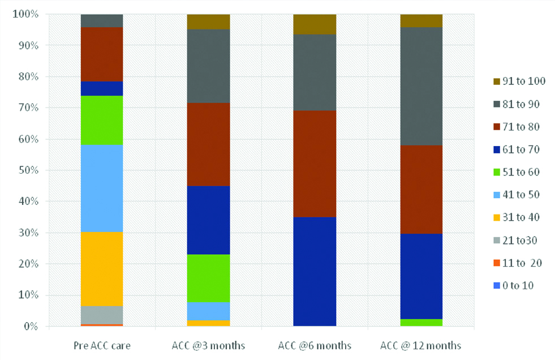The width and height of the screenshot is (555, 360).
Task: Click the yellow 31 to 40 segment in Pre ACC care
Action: click(x=102, y=269)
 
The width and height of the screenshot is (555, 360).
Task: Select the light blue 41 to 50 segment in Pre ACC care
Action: click(x=102, y=188)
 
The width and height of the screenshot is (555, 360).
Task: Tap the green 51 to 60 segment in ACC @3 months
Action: click(x=208, y=278)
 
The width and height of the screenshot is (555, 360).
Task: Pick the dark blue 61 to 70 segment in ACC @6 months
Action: click(x=315, y=271)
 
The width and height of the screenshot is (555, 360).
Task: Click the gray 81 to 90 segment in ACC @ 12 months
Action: click(x=421, y=86)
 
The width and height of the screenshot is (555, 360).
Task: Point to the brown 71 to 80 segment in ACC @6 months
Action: click(x=315, y=164)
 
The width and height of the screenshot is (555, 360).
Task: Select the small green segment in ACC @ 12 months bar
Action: click(x=421, y=323)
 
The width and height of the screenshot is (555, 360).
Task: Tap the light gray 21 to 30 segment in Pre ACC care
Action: click(x=102, y=315)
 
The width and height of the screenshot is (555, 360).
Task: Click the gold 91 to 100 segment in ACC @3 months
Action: click(x=208, y=22)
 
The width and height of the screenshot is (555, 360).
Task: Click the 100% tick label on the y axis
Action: click(x=24, y=14)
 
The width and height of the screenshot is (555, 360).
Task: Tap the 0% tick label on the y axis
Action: click(x=29, y=327)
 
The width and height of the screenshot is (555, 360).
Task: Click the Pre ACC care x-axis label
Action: click(x=102, y=345)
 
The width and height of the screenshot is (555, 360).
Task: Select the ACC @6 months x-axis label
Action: click(x=315, y=345)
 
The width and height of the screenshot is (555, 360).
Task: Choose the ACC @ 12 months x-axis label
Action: click(x=421, y=345)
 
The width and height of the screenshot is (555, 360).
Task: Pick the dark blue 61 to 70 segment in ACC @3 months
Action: click(x=208, y=220)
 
